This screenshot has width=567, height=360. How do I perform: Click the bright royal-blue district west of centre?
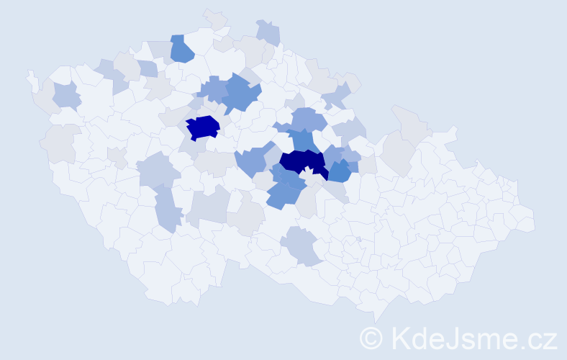202,127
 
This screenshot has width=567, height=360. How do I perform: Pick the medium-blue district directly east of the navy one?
340,171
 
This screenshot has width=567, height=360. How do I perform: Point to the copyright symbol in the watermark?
372,338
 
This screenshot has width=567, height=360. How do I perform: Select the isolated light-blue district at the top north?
268,32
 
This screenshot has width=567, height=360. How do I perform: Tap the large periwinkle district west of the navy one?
254,160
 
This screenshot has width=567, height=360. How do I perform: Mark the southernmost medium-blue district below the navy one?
281,194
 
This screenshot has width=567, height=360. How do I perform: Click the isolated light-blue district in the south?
304,246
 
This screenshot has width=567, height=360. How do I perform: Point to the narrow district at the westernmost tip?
32,79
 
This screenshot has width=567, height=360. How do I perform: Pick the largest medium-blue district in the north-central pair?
240,94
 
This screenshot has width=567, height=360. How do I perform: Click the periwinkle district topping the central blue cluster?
309,118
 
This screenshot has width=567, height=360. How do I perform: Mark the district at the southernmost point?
376,314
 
